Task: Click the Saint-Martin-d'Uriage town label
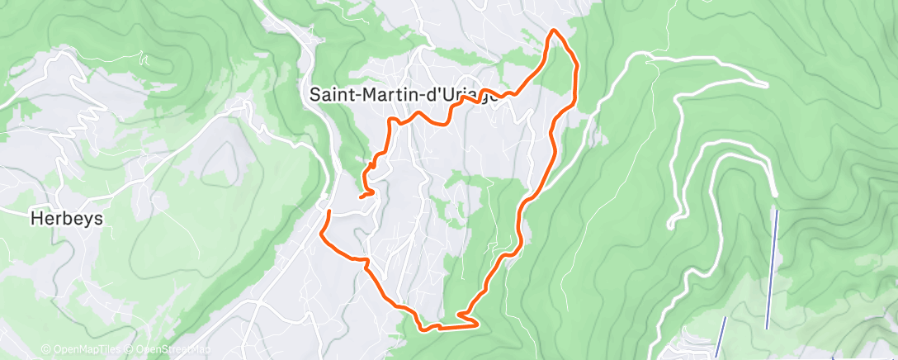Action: pos(404,94)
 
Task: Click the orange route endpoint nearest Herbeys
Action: pos(329,212)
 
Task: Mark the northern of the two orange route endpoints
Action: pos(361,197)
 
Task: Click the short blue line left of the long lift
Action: pos(721,338)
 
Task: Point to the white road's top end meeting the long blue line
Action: pos(776,194)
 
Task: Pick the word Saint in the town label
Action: pos(328,94)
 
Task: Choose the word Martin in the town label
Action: pos(380,94)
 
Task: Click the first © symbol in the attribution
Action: pos(45,350)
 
